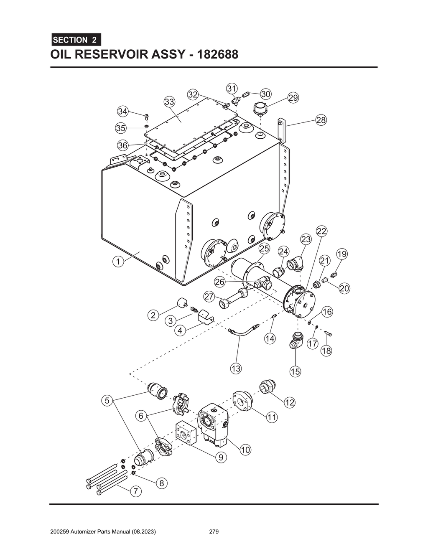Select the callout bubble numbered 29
click(x=293, y=98)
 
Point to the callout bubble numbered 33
click(x=169, y=102)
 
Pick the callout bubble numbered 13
click(x=236, y=368)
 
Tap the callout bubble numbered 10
click(x=245, y=450)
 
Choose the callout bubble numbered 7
click(x=135, y=492)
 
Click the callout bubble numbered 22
click(x=321, y=231)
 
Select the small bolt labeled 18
click(x=328, y=333)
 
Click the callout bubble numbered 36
click(x=122, y=145)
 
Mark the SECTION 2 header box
click(x=75, y=40)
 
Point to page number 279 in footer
click(x=214, y=532)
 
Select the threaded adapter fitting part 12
click(x=266, y=386)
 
